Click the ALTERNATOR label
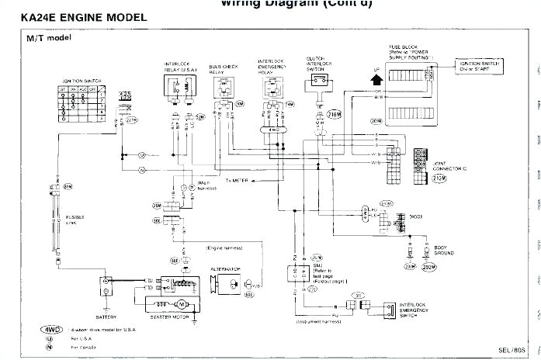226,269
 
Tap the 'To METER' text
238,180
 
